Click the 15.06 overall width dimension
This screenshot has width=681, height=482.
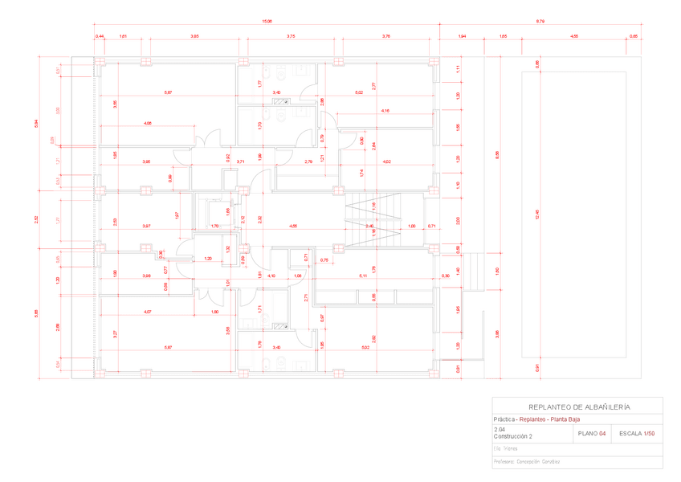[267, 21]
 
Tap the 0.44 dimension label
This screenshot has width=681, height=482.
[100, 36]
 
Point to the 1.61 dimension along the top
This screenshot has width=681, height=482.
[123, 36]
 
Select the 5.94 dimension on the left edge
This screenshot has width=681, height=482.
[35, 122]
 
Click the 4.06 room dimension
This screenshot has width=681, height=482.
[148, 123]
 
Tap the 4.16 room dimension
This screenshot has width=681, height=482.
[385, 110]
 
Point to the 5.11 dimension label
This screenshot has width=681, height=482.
[362, 276]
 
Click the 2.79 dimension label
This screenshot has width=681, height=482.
[309, 161]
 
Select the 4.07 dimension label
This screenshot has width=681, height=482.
[147, 311]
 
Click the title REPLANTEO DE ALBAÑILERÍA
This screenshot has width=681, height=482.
[577, 406]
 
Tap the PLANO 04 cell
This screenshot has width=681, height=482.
[590, 433]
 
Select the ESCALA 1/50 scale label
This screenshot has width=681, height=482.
[638, 433]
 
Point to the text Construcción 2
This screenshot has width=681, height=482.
[513, 436]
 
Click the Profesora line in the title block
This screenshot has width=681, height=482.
[526, 462]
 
